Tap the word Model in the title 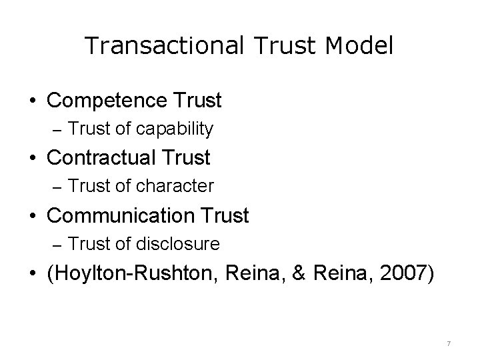coord(361,45)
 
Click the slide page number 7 coord(449,343)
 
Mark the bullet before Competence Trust coord(33,101)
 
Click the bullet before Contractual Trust coord(33,159)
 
